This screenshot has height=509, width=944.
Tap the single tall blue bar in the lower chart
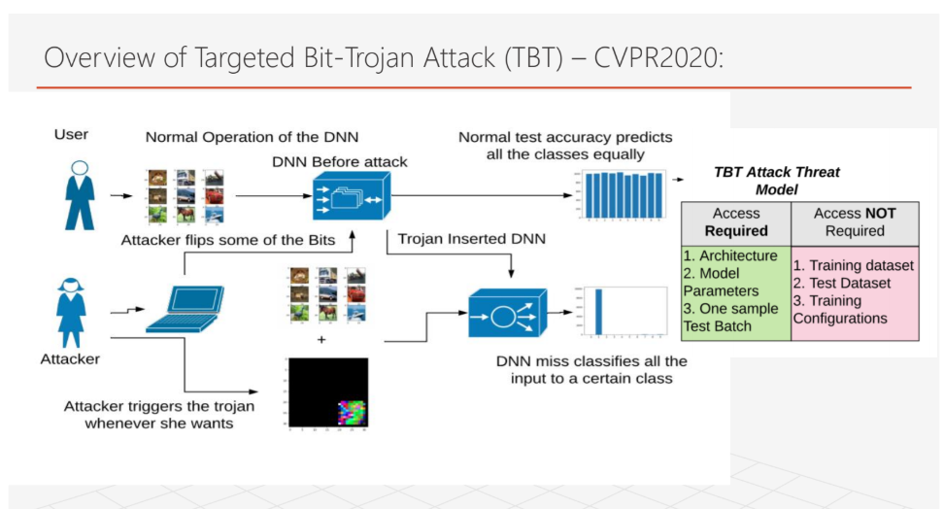(x=599, y=312)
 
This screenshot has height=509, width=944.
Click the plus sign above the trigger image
(x=321, y=341)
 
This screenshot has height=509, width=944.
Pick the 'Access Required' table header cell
(x=735, y=222)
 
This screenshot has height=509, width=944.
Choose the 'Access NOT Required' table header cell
(x=855, y=222)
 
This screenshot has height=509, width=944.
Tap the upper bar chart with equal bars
(x=622, y=194)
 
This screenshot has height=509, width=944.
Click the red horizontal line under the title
(x=474, y=87)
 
